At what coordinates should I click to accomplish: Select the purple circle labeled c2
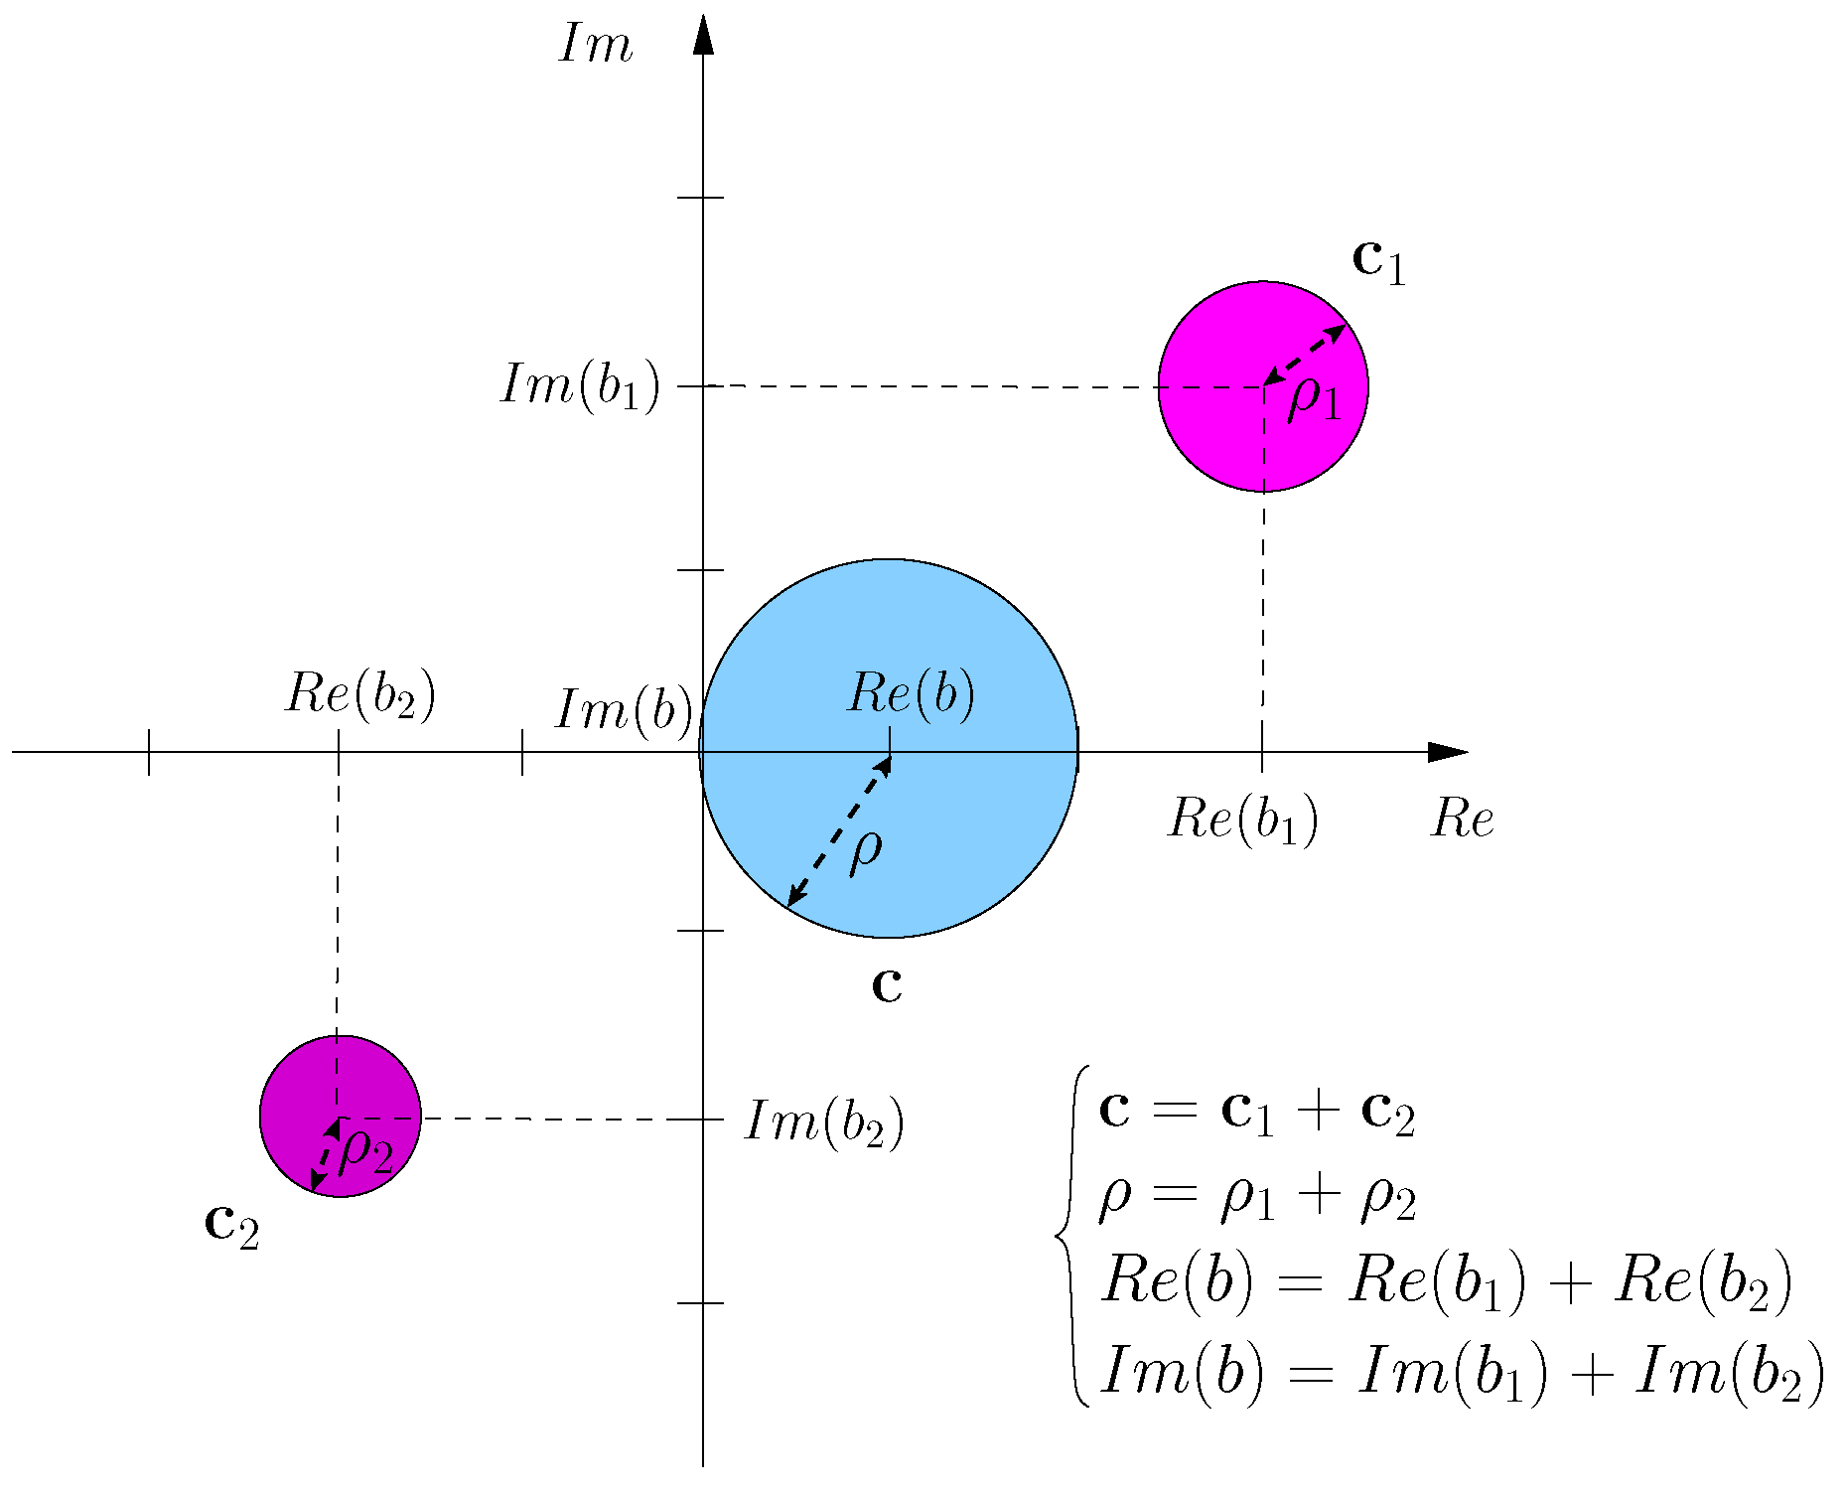tap(298, 1083)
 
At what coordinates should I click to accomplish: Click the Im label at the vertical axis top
tap(595, 46)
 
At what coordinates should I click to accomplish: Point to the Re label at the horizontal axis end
tap(1462, 821)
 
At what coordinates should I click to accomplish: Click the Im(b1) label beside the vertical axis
tap(580, 385)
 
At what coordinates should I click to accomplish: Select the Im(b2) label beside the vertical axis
tap(824, 1122)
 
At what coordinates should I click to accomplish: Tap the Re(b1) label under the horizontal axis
tap(1242, 821)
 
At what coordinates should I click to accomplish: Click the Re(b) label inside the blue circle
tap(910, 693)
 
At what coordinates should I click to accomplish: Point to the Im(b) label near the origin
tap(624, 711)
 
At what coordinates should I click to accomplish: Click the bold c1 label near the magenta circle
tap(1379, 261)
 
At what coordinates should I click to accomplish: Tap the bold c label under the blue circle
tap(887, 985)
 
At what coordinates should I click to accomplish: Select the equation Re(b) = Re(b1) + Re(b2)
tap(1446, 1282)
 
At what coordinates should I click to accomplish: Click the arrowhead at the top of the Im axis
tap(703, 35)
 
